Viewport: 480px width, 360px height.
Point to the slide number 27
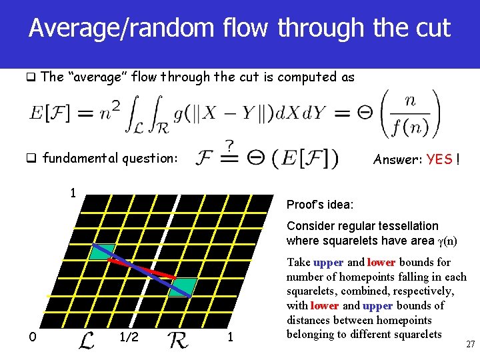469,344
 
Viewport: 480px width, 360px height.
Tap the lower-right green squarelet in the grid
183,287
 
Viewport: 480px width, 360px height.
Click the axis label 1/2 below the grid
129,337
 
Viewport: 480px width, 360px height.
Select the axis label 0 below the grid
31,337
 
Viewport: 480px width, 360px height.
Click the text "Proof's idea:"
320,204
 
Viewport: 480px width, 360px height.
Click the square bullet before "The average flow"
31,77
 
